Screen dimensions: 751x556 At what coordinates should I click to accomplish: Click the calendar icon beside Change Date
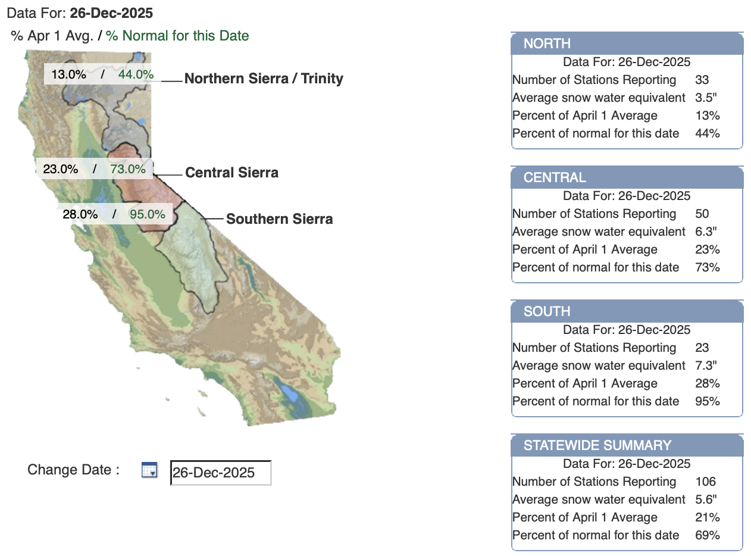[x=149, y=470]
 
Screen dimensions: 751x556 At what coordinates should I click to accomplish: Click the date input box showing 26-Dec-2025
[x=221, y=473]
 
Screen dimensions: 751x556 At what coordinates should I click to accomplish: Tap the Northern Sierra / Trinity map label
[x=264, y=79]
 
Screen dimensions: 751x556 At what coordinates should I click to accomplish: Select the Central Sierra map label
[x=232, y=173]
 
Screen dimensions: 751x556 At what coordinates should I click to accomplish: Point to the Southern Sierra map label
[x=279, y=219]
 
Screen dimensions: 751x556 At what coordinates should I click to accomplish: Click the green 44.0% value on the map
[x=136, y=74]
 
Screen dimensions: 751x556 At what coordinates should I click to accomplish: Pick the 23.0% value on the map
[x=61, y=168]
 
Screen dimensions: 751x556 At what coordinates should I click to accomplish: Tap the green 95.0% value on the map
[x=148, y=214]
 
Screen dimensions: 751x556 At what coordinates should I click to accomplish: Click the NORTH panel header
[x=627, y=43]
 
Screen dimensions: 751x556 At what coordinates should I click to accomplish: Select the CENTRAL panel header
[x=627, y=177]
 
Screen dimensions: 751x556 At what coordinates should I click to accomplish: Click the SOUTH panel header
[x=627, y=311]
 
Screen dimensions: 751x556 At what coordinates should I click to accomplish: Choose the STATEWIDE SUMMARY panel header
[x=627, y=445]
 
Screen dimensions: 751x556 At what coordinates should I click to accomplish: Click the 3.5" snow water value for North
[x=706, y=98]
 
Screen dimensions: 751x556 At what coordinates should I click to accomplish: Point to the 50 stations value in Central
[x=702, y=214]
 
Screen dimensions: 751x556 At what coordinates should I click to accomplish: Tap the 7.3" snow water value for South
[x=706, y=366]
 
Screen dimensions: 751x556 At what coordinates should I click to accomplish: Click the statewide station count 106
[x=706, y=482]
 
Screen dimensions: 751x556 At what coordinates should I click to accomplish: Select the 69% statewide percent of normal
[x=708, y=535]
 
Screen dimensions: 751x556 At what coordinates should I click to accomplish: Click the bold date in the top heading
[x=111, y=13]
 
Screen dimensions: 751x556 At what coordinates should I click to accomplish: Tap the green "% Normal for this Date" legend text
[x=177, y=36]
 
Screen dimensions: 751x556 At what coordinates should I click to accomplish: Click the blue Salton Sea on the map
[x=289, y=393]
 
